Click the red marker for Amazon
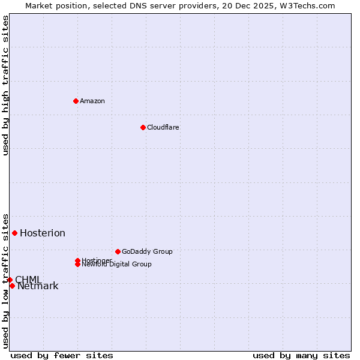click(x=76, y=101)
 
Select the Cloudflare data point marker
click(x=143, y=127)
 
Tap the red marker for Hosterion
click(x=14, y=233)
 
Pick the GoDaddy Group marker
click(x=118, y=251)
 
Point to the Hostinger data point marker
click(x=77, y=260)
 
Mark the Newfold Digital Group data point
click(x=77, y=264)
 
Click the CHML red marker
click(x=10, y=280)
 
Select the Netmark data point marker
click(x=12, y=286)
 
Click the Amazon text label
click(x=92, y=101)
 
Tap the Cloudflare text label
click(x=163, y=127)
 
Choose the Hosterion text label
click(x=43, y=233)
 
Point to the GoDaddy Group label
click(x=147, y=251)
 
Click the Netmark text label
click(x=38, y=286)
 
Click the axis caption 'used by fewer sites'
click(x=62, y=356)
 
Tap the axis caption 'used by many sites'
click(x=301, y=356)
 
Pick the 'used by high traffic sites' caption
click(x=5, y=85)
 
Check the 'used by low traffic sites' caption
click(x=5, y=281)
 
